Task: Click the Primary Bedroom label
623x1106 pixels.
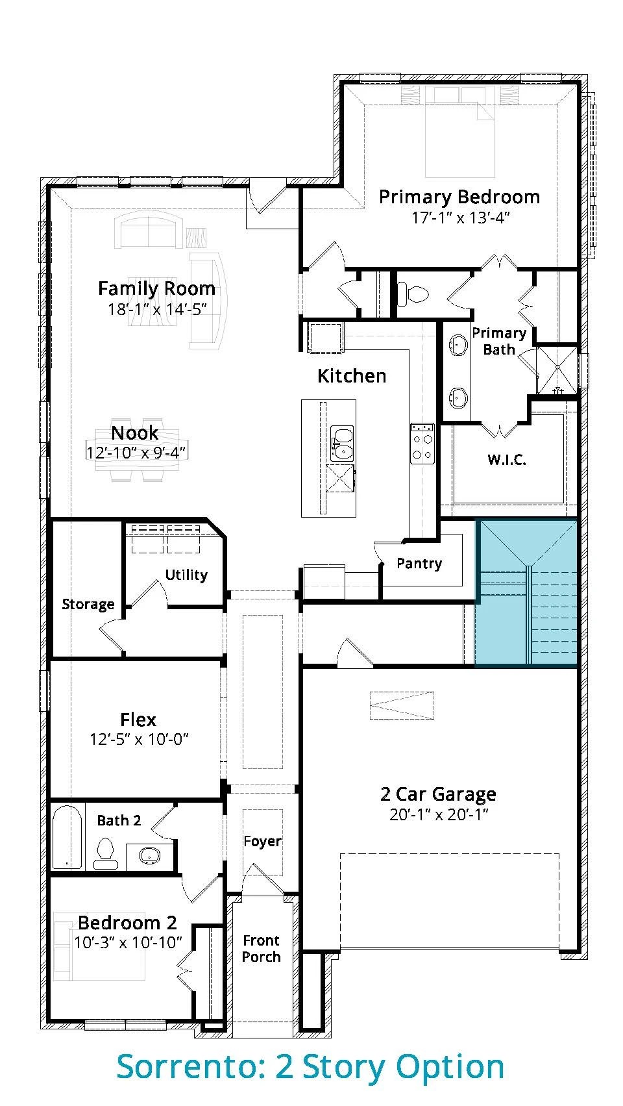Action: (x=459, y=197)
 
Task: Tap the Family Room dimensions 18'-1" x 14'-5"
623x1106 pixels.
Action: (x=157, y=309)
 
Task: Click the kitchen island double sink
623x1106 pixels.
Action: (x=342, y=444)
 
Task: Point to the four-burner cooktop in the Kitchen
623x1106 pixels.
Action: (x=422, y=444)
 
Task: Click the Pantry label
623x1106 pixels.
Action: (x=419, y=563)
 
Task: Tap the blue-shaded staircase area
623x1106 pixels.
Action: (x=526, y=592)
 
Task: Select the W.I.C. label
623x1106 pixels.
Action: (x=507, y=460)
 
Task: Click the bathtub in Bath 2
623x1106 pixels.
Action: (x=67, y=838)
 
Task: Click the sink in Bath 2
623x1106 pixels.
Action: (x=149, y=855)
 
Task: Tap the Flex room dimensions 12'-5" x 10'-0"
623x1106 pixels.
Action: (x=139, y=739)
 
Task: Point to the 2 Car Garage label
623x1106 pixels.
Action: (x=439, y=794)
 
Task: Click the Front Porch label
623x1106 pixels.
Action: (x=262, y=948)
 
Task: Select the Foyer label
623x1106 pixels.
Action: (x=262, y=841)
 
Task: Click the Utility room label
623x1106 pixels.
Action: (x=186, y=575)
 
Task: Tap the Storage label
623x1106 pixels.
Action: (x=88, y=605)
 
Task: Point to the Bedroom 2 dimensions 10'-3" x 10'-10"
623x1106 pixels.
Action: (x=128, y=942)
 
